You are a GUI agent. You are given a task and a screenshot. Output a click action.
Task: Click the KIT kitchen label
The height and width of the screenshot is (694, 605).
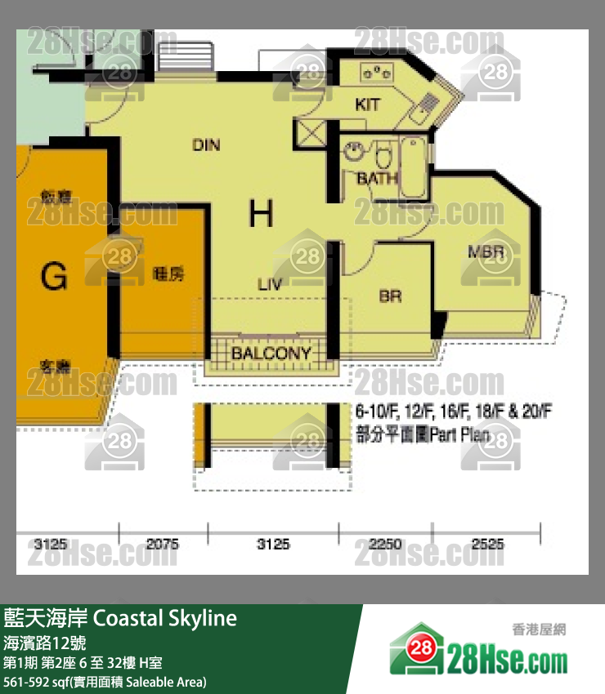(368, 105)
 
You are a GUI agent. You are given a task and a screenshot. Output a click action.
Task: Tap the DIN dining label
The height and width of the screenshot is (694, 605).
(206, 145)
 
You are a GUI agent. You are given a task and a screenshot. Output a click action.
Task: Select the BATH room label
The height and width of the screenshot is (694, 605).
(378, 177)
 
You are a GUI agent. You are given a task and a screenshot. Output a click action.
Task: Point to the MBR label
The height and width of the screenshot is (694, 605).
(484, 251)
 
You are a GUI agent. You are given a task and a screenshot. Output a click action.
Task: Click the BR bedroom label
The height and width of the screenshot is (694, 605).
(390, 296)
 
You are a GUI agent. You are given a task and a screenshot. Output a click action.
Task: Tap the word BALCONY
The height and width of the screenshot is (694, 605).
(271, 354)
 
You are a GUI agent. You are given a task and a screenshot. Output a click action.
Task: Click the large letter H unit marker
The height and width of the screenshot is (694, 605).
(261, 215)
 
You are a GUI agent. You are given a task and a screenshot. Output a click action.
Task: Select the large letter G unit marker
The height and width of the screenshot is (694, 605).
(54, 278)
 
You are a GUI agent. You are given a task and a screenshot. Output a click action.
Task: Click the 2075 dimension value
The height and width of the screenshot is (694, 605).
(164, 544)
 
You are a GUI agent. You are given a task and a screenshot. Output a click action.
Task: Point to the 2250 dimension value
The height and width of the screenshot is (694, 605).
(384, 544)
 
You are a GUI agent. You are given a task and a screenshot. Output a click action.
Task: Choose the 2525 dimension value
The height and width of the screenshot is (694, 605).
(487, 544)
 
